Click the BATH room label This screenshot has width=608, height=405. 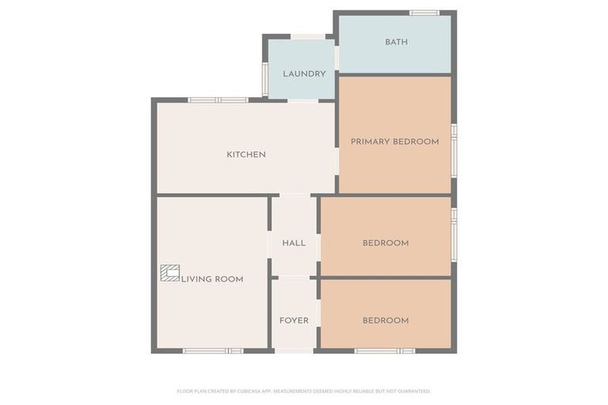pos(396,42)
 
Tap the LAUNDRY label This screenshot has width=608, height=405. pos(304,74)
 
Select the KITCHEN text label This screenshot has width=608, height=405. pos(246,154)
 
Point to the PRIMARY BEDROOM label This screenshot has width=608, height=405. pos(394,142)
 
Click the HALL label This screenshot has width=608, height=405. pos(294,243)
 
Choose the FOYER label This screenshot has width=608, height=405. pos(294,320)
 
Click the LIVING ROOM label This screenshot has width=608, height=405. pos(212,279)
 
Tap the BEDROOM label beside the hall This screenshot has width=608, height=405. pos(386,243)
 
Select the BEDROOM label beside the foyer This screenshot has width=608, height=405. pos(386,320)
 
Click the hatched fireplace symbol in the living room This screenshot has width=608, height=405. pos(169,273)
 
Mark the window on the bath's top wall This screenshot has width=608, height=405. pos(424,13)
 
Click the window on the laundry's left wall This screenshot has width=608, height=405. pos(265,78)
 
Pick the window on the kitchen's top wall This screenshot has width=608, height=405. pos(218,100)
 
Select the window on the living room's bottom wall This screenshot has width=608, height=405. pos(213,350)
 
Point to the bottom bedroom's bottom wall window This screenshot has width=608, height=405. pos(385,350)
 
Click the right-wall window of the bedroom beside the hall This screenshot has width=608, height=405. pos(454,233)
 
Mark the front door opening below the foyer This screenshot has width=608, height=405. pos(294,350)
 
